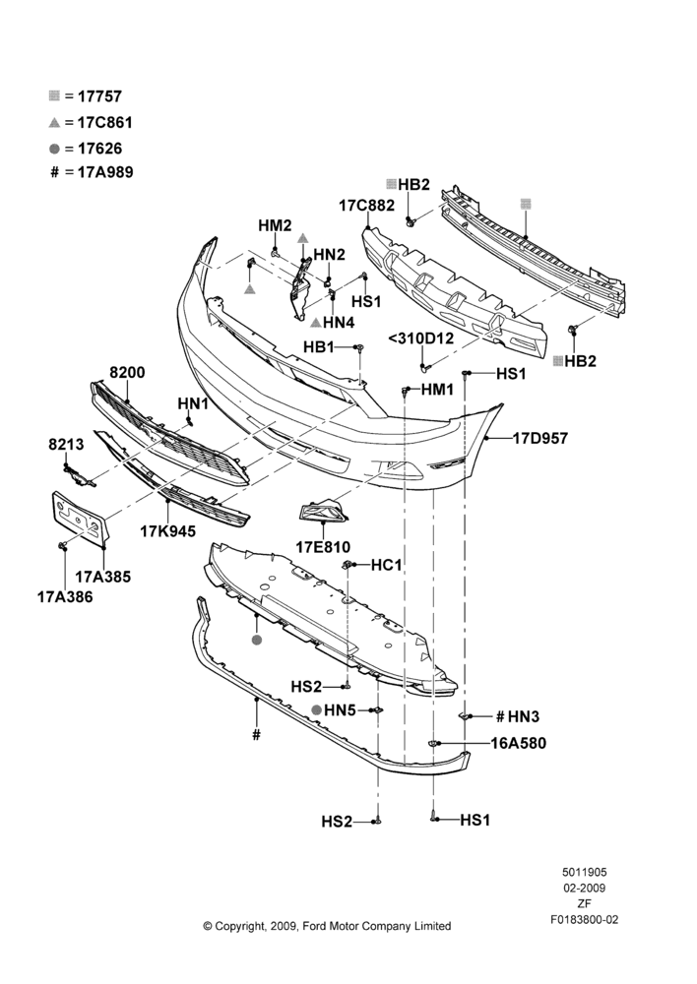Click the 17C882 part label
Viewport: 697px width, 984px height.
[x=366, y=206]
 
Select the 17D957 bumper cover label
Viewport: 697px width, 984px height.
[x=540, y=438]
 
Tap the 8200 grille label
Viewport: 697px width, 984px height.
[x=127, y=372]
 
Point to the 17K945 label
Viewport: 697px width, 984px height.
[x=167, y=531]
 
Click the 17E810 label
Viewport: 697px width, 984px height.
[x=323, y=547]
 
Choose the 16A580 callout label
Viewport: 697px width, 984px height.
[x=518, y=743]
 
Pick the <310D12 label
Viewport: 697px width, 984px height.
[x=420, y=338]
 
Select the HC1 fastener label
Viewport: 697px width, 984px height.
[x=386, y=566]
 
